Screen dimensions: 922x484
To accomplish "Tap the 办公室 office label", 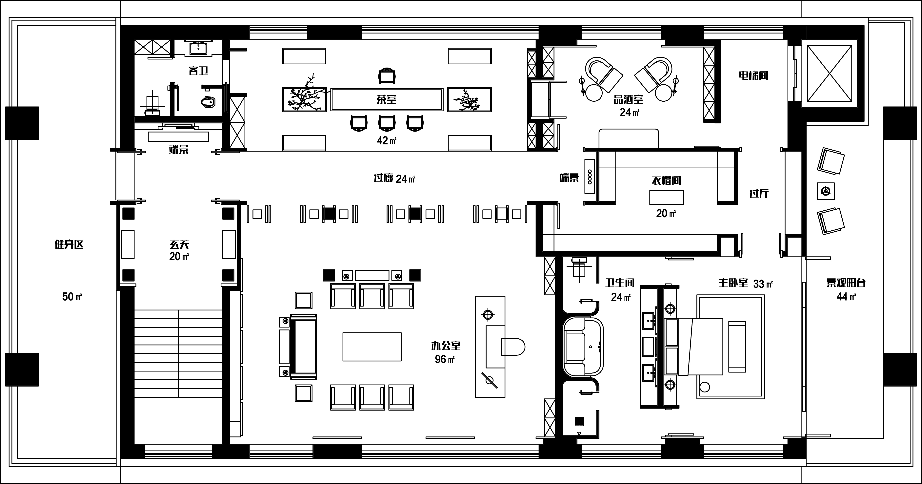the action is [x=446, y=346].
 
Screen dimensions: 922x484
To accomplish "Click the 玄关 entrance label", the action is [x=179, y=244].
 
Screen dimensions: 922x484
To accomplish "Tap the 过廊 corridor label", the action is [x=384, y=178].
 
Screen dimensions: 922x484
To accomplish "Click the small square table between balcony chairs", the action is [x=826, y=191].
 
